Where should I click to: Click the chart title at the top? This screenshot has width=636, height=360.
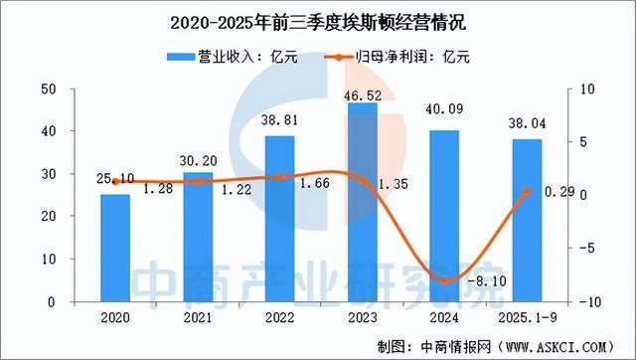[317, 18]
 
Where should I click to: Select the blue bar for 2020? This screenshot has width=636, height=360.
[116, 248]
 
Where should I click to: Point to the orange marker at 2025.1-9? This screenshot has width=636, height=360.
[528, 192]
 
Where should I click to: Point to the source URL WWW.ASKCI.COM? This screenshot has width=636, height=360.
[562, 345]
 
